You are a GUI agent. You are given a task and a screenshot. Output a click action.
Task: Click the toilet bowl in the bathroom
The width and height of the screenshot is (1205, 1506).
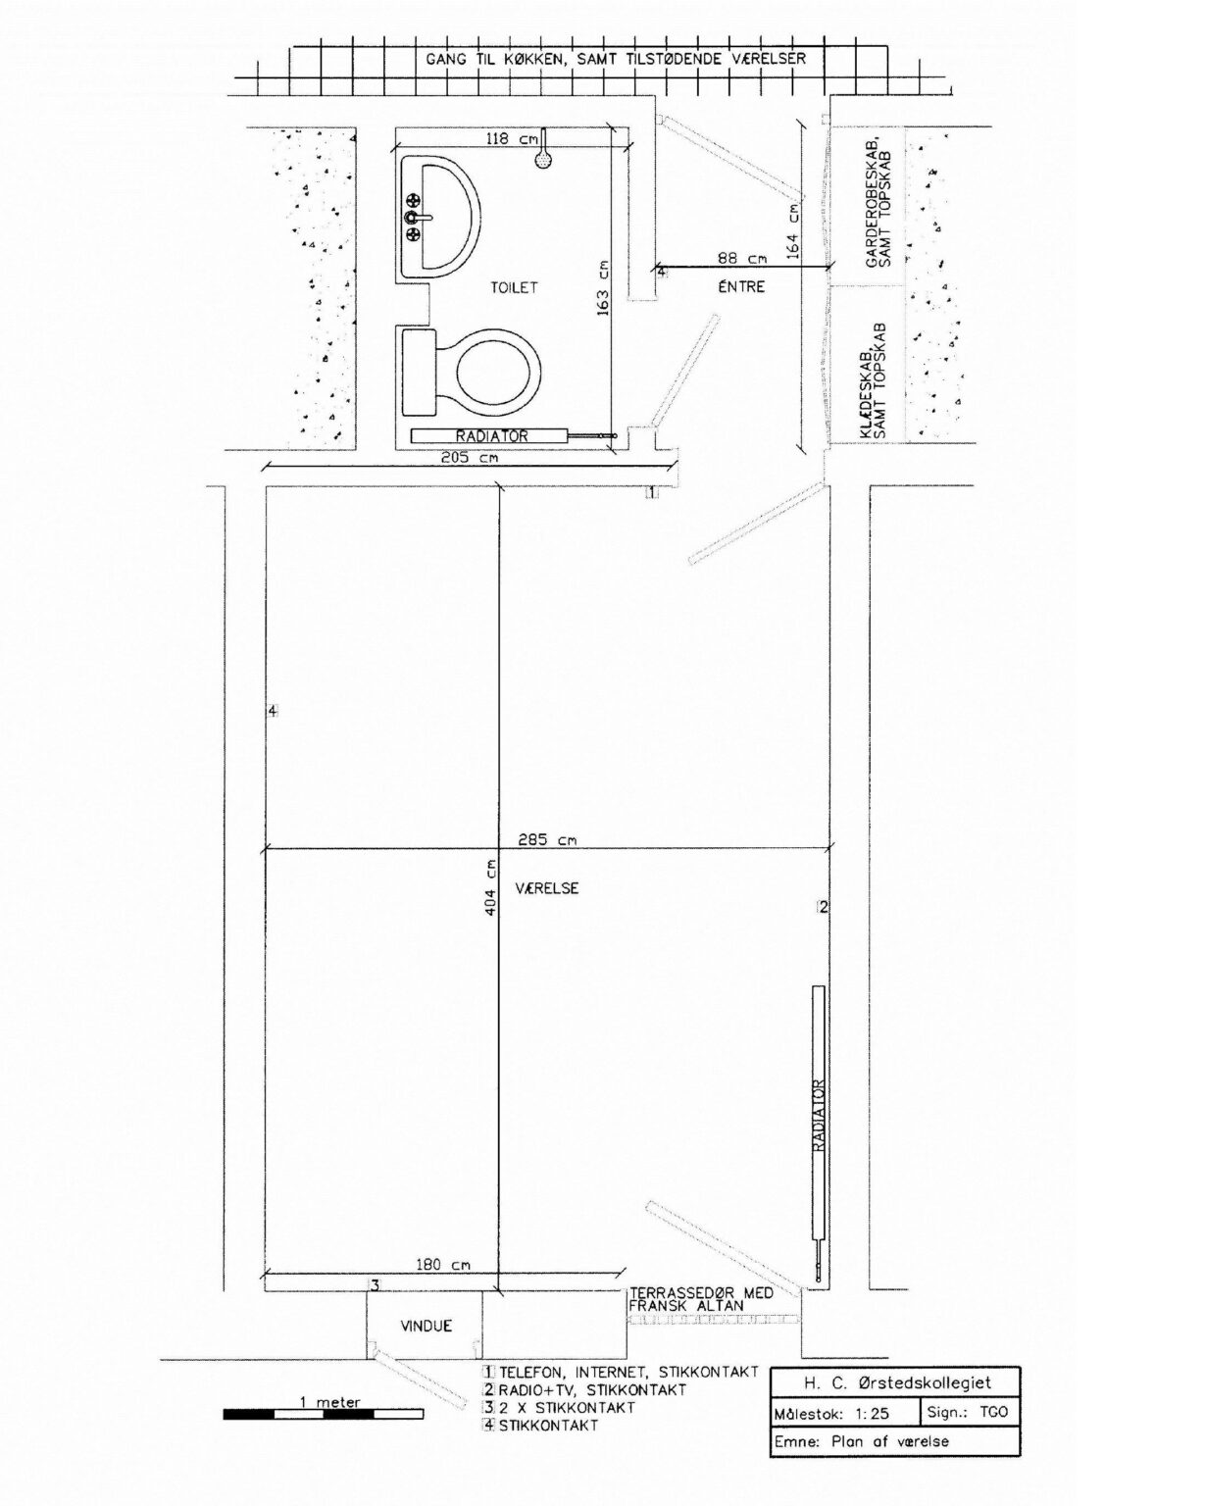498,371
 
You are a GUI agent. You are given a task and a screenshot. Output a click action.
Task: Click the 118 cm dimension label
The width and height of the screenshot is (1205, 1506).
512,138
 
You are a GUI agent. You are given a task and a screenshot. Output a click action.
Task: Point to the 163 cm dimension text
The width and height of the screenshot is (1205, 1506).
602,288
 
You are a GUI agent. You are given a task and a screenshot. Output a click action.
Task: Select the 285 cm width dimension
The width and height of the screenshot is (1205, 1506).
547,840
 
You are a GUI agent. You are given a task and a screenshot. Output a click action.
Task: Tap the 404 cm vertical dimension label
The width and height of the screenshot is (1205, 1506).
490,887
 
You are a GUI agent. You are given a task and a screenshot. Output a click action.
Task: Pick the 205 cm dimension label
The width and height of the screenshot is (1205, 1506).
470,458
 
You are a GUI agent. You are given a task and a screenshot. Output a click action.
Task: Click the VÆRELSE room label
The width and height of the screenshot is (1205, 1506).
547,888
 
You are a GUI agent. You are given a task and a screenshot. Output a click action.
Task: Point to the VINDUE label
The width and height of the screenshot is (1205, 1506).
427,1326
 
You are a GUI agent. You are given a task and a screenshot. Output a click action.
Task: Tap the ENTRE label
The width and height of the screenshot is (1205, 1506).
742,286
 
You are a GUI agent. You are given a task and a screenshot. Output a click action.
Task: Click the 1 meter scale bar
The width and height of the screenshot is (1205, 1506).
324,1414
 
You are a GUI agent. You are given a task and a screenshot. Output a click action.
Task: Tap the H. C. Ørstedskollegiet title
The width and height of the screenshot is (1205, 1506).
896,1382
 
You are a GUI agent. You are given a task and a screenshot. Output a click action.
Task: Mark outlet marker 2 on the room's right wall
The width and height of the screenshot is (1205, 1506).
823,907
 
